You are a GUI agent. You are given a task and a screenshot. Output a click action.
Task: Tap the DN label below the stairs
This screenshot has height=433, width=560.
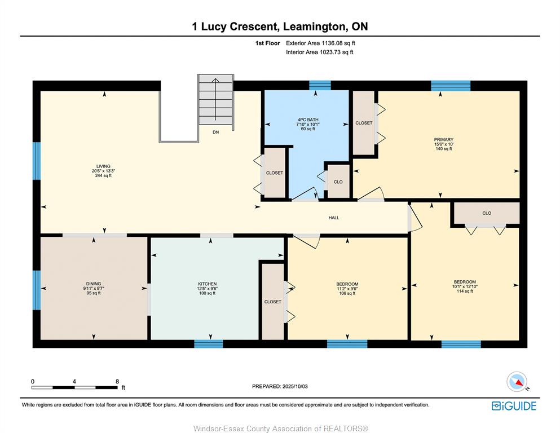click(x=216, y=132)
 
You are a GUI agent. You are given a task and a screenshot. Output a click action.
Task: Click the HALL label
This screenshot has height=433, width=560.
click(x=334, y=218)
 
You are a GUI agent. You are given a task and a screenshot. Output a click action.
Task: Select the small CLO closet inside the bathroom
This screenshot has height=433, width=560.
click(x=338, y=182)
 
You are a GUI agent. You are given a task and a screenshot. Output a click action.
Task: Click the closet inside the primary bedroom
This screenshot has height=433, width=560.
click(x=364, y=123)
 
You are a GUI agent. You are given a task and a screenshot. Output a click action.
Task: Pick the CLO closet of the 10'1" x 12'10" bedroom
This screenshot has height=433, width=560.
click(x=487, y=213)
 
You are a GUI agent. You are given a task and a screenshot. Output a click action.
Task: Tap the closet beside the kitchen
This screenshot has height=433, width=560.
click(x=273, y=302)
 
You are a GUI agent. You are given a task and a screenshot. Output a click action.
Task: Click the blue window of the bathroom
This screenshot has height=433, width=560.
click(x=320, y=85)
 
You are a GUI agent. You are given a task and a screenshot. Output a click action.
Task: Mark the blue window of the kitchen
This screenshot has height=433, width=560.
click(x=209, y=344)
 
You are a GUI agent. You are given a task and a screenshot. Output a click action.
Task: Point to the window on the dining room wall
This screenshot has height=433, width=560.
click(x=37, y=290)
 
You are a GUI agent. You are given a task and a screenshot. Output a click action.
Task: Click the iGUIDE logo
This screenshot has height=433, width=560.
click(x=514, y=406)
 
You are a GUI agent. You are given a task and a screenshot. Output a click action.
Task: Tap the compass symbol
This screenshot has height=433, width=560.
click(x=517, y=382)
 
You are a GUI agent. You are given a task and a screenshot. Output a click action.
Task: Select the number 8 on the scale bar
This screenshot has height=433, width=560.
click(x=117, y=381)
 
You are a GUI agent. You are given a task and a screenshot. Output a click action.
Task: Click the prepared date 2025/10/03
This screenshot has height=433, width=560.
click(x=295, y=386)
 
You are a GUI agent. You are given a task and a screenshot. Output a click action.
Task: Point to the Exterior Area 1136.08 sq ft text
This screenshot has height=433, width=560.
click(x=320, y=43)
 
